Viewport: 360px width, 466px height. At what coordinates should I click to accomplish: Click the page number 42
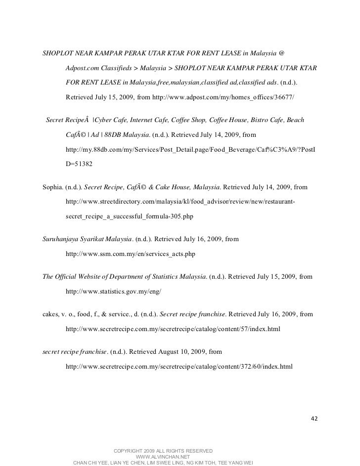tap(314, 419)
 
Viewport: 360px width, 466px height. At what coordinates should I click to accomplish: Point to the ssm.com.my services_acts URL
tap(130, 254)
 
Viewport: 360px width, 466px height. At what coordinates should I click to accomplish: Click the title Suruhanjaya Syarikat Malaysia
tap(87, 239)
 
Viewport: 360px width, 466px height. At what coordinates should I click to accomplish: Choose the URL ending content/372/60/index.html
tap(179, 367)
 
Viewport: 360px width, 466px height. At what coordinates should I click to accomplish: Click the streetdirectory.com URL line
tap(180, 202)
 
